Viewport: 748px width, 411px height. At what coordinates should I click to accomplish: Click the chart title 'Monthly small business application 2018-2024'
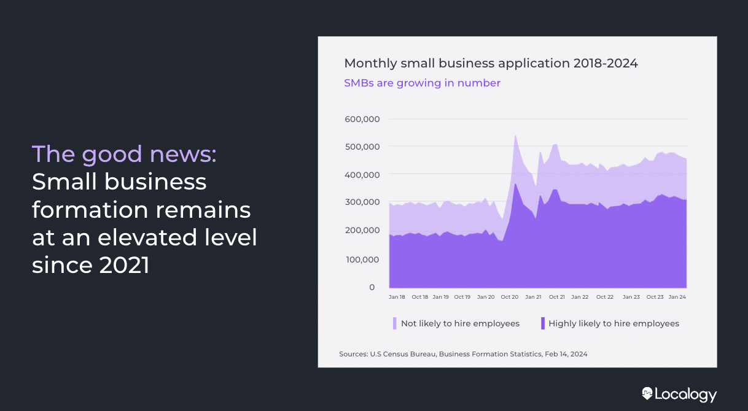coord(491,63)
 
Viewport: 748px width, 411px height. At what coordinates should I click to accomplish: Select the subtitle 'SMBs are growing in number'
coord(422,83)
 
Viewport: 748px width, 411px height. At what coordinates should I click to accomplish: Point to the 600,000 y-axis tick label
coord(363,119)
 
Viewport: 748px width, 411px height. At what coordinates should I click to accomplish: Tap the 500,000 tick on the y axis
coord(363,147)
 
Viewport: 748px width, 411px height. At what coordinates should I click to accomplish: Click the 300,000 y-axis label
coord(363,202)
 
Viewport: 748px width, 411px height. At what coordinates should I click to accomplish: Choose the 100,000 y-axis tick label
coord(363,259)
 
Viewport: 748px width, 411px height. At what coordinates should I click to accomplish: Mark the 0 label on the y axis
coord(372,287)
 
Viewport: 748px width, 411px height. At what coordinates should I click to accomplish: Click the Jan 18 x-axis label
coord(397,297)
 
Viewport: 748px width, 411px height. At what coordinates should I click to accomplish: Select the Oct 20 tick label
coord(509,297)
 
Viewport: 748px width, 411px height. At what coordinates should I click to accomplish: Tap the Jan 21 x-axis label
coord(533,297)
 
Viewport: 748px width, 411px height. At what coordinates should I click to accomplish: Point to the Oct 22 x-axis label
coord(605,297)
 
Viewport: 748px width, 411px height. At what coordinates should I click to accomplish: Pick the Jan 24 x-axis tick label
coord(677,297)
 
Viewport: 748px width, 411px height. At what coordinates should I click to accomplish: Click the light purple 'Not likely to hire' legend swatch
coord(395,323)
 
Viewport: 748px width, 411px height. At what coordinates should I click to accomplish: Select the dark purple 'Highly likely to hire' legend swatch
coord(543,323)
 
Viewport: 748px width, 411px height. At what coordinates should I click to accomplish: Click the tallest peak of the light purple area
coord(515,136)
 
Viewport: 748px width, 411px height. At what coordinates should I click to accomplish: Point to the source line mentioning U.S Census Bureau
coord(463,354)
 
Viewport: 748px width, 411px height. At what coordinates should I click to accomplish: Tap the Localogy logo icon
coord(647,393)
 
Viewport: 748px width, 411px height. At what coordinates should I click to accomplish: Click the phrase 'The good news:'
coord(124,154)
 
